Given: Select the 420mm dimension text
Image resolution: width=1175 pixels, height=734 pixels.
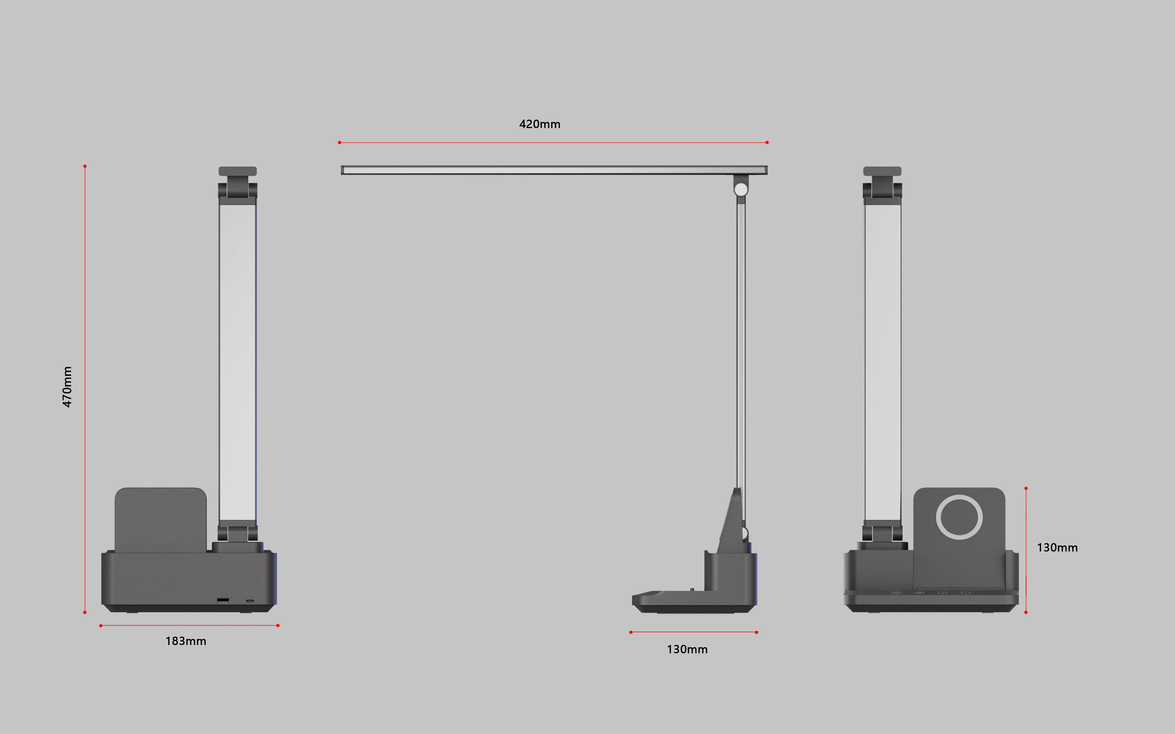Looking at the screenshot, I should point(540,124).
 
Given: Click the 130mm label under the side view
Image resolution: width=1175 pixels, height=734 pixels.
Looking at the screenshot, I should point(687,649).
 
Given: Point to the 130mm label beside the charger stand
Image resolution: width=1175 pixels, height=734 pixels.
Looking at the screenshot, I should point(1057,547).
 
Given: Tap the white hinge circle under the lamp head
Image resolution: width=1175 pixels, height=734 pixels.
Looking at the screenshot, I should point(741,189).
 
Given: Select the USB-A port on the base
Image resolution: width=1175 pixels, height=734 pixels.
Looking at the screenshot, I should point(223,600).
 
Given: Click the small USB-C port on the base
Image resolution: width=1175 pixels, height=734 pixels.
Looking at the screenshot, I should point(250,601).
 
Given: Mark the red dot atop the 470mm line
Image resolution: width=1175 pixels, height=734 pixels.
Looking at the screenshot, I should point(85,166).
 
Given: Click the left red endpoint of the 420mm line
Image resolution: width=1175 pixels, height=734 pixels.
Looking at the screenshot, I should point(339,142).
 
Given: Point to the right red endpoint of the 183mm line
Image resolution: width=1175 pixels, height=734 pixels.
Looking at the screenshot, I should point(278,625).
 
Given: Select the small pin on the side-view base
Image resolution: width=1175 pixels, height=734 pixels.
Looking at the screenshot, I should point(692,590).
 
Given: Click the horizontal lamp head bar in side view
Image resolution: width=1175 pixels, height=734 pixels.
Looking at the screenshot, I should point(554,170).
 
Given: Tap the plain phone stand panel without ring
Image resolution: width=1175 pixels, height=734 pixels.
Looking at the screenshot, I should point(160,519).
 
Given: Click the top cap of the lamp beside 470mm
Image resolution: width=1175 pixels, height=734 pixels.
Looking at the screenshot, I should point(237,171).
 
